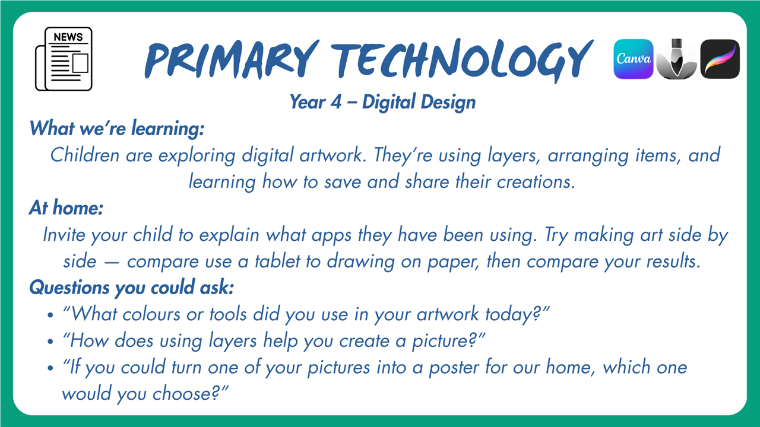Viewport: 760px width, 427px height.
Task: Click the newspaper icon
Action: (64, 59)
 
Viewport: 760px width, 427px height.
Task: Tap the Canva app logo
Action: (634, 59)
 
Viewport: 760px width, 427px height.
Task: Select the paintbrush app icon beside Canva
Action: (676, 59)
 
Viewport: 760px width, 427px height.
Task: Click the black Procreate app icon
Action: (720, 59)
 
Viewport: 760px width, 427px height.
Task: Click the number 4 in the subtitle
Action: (336, 102)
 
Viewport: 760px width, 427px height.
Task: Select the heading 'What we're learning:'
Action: (117, 129)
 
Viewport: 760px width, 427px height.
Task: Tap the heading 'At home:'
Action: (66, 208)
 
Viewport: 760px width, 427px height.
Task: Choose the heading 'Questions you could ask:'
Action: (132, 288)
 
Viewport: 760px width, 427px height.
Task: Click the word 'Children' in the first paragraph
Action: (85, 155)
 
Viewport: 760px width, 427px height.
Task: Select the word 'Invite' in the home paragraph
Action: (64, 234)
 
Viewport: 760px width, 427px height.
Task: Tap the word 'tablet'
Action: (277, 262)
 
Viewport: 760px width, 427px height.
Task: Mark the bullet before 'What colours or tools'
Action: (50, 315)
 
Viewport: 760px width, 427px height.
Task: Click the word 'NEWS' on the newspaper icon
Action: (68, 37)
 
